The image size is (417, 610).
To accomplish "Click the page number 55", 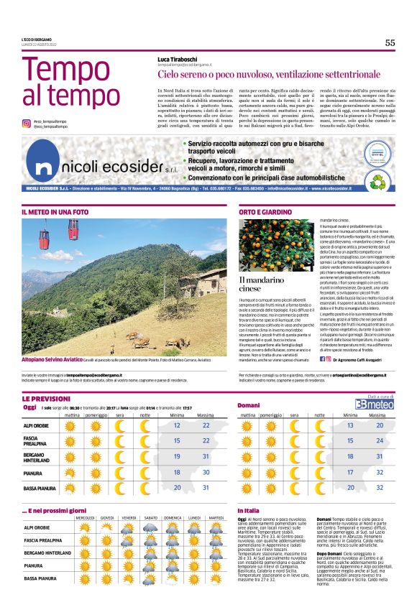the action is click(x=390, y=42).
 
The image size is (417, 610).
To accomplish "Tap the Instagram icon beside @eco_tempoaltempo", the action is click(x=26, y=124).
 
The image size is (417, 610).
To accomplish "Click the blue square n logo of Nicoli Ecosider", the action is click(x=45, y=167).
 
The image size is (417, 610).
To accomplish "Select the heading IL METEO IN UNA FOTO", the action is click(x=55, y=213).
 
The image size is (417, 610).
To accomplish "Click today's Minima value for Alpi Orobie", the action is click(x=177, y=426).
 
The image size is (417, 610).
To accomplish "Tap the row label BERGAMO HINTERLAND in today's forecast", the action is click(x=42, y=456).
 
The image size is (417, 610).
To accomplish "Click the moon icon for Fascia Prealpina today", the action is click(x=145, y=440).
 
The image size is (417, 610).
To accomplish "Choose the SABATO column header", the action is click(x=151, y=517).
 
